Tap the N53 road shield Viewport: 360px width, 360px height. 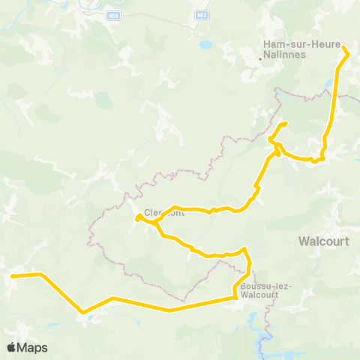pos(202,14)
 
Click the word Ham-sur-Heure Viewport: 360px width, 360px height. pos(287,43)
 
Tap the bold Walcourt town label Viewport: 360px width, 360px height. pos(323,241)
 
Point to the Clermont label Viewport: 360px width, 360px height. pos(164,212)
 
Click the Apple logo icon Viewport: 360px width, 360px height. pos(12,347)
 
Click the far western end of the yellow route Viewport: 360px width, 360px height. pos(12,276)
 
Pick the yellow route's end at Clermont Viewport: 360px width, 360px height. pos(137,218)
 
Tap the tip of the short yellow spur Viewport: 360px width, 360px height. pos(285,124)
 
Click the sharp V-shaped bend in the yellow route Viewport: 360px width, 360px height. pos(82,312)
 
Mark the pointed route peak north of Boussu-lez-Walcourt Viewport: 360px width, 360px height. pos(244,248)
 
